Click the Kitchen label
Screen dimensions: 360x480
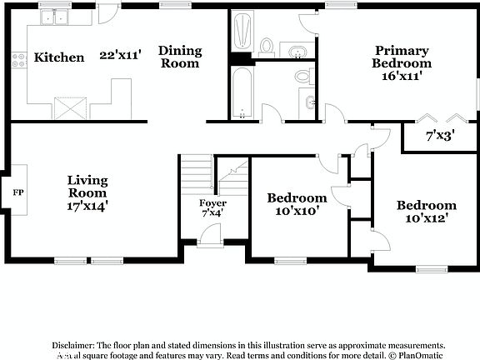58,57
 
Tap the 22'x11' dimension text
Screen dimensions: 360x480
120,55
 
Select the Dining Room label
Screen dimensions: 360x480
179,57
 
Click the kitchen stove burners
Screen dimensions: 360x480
18,59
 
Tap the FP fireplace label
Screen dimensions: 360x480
17,192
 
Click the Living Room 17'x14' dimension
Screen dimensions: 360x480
87,202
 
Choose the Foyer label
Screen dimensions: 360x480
212,203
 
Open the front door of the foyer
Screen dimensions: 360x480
211,236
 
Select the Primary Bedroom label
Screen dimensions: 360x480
402,57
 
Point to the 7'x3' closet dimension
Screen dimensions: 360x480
440,135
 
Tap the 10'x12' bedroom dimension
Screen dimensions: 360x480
426,218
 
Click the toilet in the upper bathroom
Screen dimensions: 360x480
267,45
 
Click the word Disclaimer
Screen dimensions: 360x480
74,345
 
